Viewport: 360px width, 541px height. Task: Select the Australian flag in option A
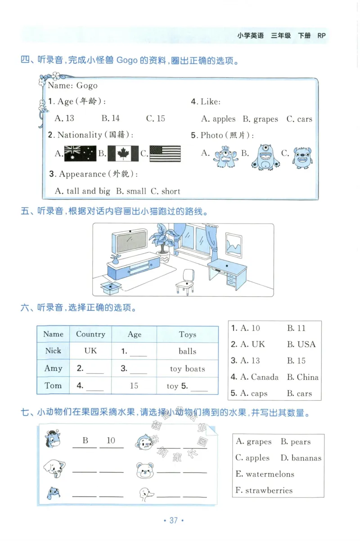pyautogui.click(x=80, y=153)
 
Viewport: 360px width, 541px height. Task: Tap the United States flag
pyautogui.click(x=165, y=153)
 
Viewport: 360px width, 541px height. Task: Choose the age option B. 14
pyautogui.click(x=111, y=118)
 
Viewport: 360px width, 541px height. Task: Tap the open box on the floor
pyautogui.click(x=111, y=286)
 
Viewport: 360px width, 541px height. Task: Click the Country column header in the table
pyautogui.click(x=90, y=334)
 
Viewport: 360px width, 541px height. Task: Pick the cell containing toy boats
pyautogui.click(x=187, y=369)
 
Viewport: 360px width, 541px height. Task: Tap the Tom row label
pyautogui.click(x=53, y=386)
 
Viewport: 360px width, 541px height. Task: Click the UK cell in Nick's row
pyautogui.click(x=90, y=351)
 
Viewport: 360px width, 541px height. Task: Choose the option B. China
pyautogui.click(x=302, y=377)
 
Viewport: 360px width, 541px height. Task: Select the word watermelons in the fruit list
pyautogui.click(x=264, y=474)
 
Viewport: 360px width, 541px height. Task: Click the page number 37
pyautogui.click(x=174, y=520)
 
